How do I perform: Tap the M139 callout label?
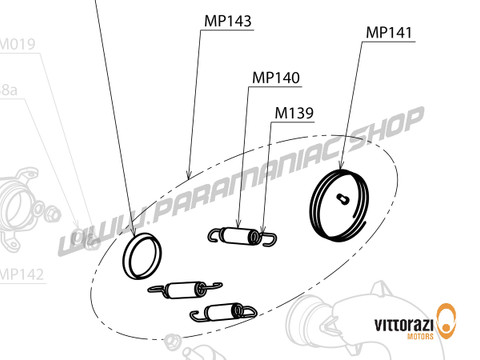pos(294,112)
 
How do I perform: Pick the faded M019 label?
pos(17,44)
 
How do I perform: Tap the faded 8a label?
pos(8,90)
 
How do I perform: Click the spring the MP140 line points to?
pos(240,236)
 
